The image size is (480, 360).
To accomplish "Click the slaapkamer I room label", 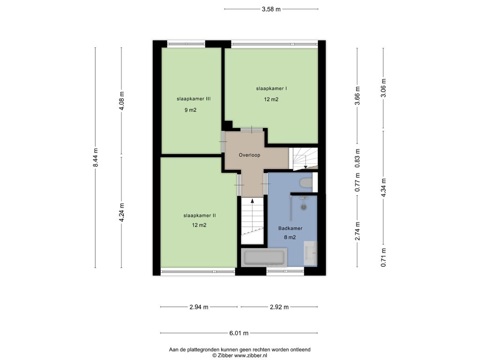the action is click(271, 89).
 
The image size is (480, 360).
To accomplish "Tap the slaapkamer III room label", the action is click(194, 99).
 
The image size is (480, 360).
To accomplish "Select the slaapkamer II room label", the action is click(200, 216).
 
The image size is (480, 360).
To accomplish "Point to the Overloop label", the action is click(249, 155).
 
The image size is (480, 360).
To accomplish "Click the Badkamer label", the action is click(290, 228).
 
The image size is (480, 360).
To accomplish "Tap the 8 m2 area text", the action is click(290, 237).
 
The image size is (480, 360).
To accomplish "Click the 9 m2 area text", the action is click(190, 110).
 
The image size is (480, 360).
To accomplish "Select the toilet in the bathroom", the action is click(306, 182).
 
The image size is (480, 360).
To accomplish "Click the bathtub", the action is click(264, 258).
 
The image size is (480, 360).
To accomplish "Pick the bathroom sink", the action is click(310, 254).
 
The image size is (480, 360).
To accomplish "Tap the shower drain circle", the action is click(304, 207).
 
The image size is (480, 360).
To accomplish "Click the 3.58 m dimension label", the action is click(271, 9).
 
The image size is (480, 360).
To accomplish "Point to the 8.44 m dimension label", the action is click(96, 157).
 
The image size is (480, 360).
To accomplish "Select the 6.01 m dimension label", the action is click(239, 333).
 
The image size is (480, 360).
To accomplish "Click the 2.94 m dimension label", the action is click(199, 307).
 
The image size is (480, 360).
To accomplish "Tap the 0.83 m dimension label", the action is click(357, 158).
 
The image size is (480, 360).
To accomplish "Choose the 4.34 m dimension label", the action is click(383, 187).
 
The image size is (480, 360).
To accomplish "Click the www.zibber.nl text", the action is click(251, 355).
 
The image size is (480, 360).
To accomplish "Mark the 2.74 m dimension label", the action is click(357, 231).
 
